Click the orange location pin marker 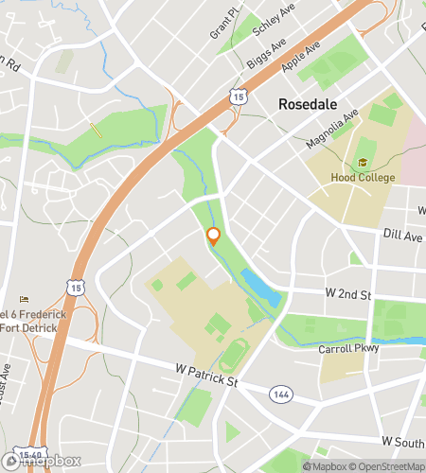coord(214,236)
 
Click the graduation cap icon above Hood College coord(363,163)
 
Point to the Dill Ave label coord(402,236)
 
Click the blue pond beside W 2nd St coord(260,287)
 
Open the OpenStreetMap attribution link coord(388,465)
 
